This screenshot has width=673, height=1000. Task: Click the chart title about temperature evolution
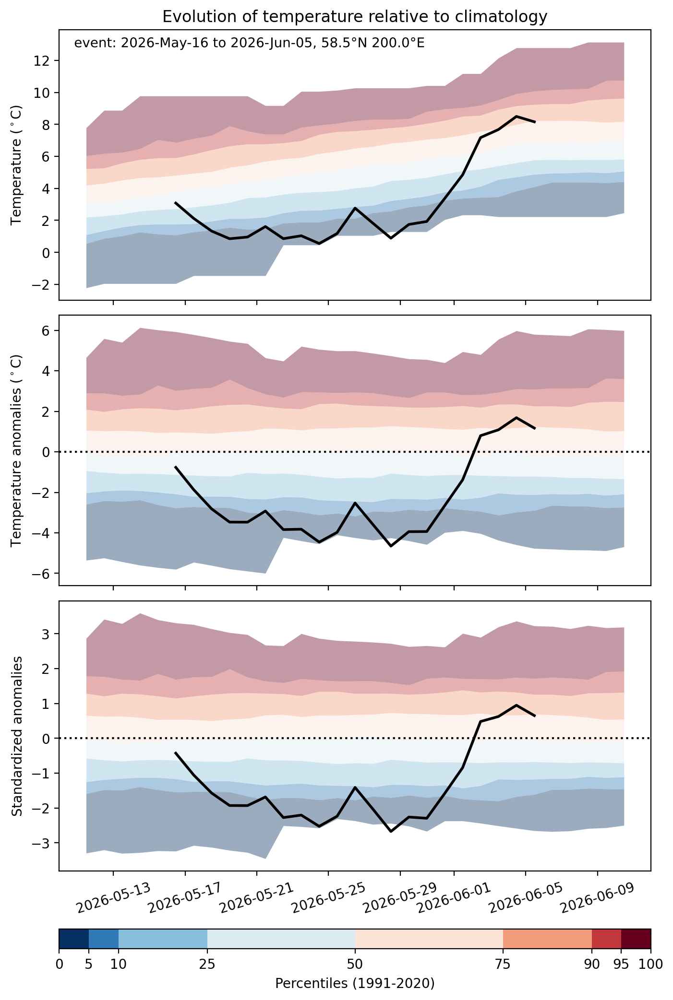[355, 17]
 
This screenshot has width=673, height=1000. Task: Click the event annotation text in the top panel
[249, 44]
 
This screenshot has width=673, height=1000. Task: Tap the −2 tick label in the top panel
[43, 284]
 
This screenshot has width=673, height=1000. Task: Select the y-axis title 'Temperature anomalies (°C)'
[16, 450]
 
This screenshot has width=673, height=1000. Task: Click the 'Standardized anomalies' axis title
[16, 735]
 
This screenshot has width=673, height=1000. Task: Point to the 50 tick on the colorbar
[355, 964]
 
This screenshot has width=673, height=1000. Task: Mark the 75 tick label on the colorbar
[503, 964]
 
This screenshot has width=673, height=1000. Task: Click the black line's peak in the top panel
[516, 116]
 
